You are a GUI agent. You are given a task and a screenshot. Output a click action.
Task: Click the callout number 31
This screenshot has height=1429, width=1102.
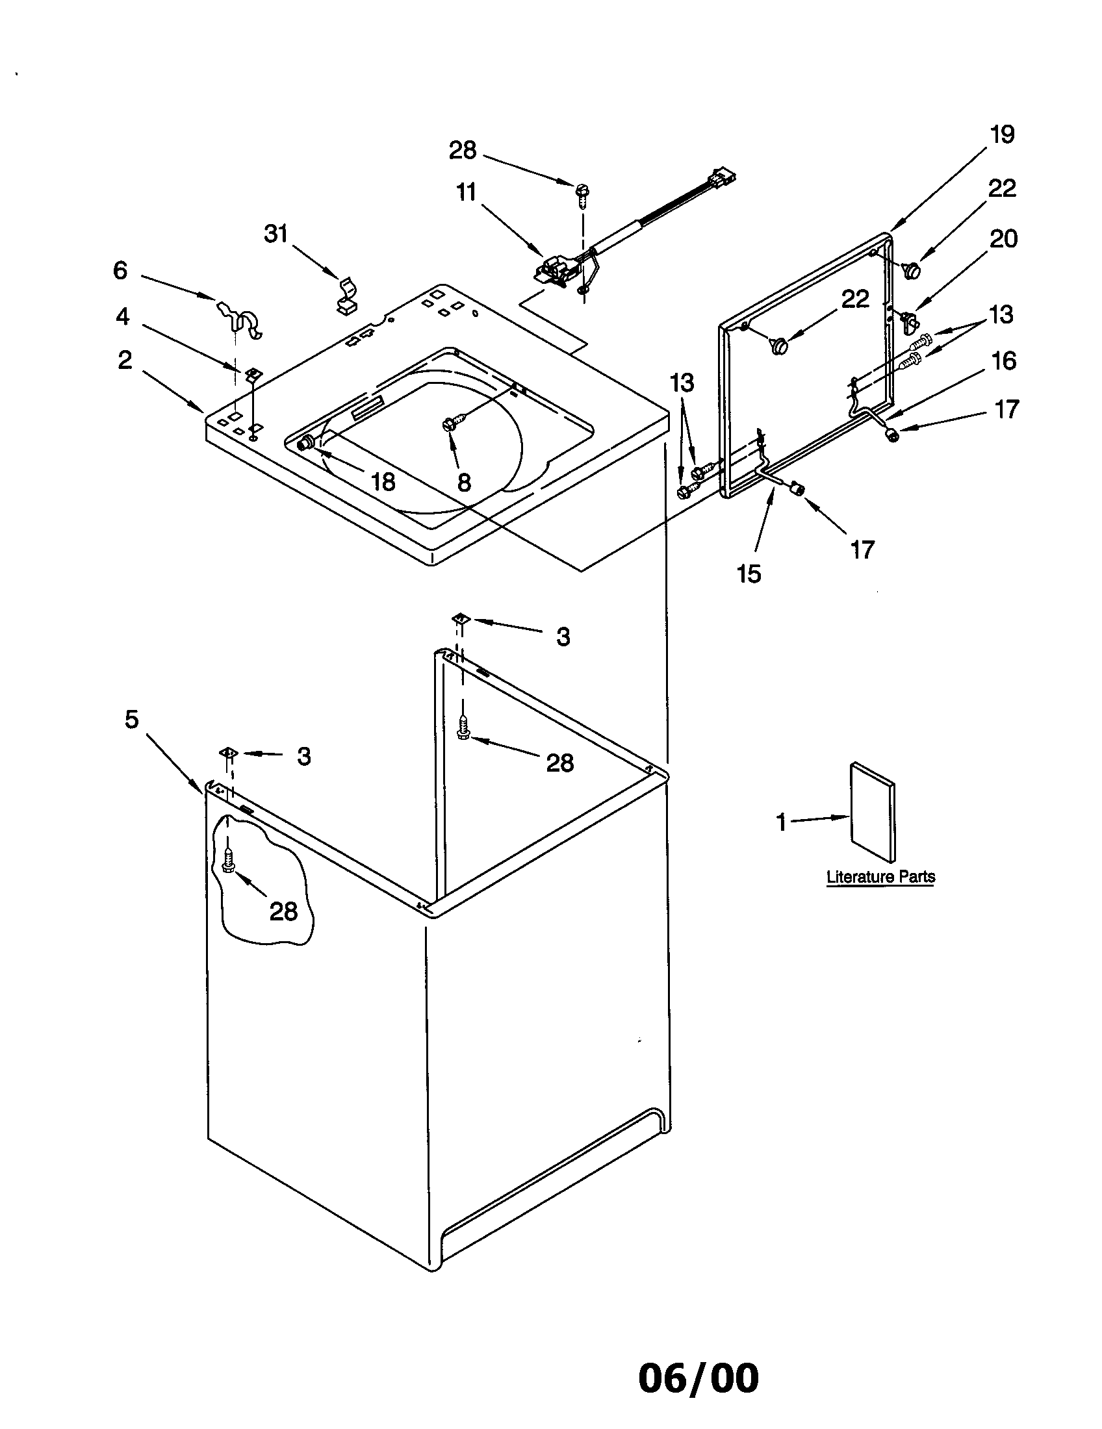point(276,234)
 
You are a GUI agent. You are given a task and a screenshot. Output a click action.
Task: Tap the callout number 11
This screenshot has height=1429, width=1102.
point(467,193)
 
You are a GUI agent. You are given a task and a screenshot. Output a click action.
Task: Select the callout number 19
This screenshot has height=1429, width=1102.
point(1001,135)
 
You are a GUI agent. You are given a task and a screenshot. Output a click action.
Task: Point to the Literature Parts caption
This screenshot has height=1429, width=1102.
point(881,877)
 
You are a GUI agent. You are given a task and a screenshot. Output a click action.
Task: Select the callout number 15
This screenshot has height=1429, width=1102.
point(749,574)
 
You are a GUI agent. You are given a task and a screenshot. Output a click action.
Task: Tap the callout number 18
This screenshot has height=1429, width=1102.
point(383,482)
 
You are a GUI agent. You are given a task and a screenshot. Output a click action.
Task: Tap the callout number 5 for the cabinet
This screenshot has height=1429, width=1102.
point(132,720)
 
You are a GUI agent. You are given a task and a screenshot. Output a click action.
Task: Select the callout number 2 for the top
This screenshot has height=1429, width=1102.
point(124,360)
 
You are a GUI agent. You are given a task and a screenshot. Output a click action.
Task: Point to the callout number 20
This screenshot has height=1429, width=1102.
point(1003,239)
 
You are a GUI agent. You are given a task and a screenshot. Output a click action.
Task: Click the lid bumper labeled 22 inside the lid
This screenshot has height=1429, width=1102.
point(779,344)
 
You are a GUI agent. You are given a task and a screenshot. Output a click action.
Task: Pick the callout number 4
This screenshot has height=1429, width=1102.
point(122,317)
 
